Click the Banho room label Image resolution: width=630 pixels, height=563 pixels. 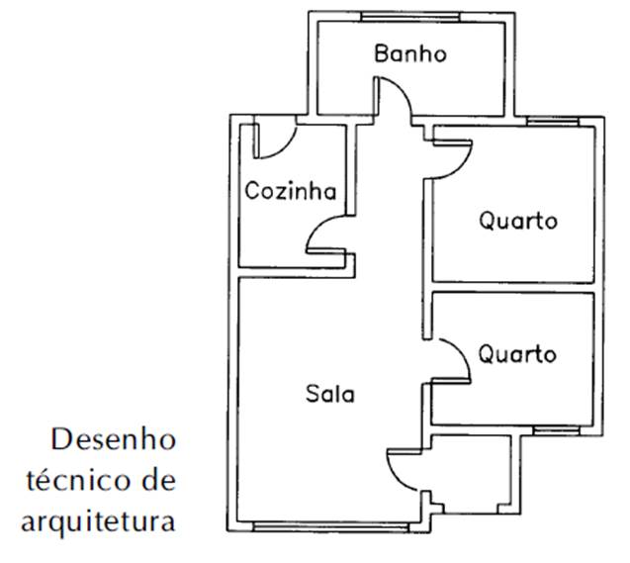(x=409, y=53)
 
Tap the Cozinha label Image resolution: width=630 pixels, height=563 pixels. (x=291, y=191)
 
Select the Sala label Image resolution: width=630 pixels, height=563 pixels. (x=329, y=394)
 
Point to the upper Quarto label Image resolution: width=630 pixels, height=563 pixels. (x=517, y=221)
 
